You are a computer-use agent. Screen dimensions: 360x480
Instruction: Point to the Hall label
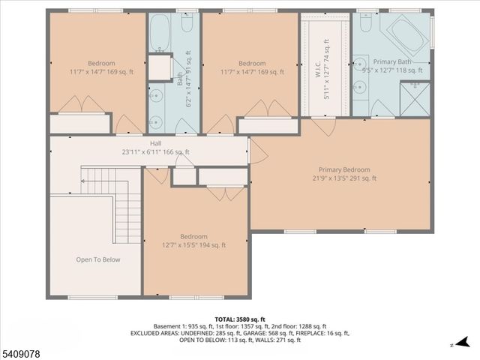[x=155, y=143]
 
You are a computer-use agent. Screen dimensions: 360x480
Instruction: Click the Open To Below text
[x=97, y=259]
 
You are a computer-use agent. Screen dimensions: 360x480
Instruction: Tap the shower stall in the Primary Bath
[x=415, y=98]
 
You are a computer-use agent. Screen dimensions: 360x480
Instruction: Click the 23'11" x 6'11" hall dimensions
[x=155, y=151]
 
